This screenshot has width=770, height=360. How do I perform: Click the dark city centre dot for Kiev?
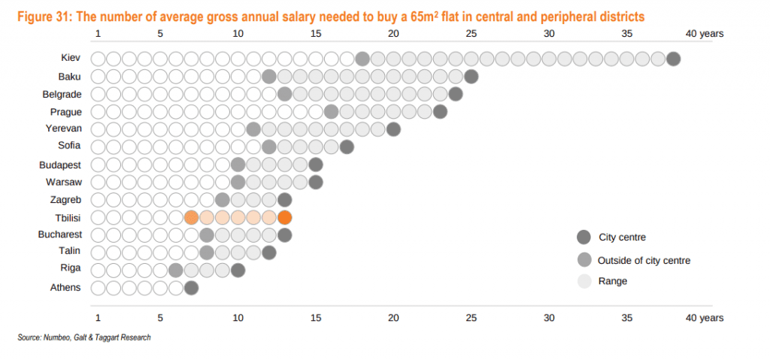(673, 59)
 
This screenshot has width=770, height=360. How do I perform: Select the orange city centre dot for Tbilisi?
(284, 218)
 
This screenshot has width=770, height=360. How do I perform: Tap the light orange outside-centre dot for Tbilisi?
(191, 218)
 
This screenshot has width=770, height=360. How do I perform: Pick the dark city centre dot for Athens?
(191, 288)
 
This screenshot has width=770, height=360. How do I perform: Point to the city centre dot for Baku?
(471, 77)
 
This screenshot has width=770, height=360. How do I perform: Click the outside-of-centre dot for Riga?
(176, 270)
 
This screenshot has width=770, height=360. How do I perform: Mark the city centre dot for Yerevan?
(393, 129)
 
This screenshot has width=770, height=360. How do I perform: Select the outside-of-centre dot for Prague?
(331, 112)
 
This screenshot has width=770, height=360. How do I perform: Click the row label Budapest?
(60, 165)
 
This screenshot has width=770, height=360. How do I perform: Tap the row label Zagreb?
(65, 200)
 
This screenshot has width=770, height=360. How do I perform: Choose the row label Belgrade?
(62, 94)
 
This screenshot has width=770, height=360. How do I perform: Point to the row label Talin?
(70, 253)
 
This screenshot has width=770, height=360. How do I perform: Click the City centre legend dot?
(584, 237)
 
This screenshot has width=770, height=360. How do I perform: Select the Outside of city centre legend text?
(644, 261)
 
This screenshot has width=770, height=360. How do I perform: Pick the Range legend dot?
(584, 282)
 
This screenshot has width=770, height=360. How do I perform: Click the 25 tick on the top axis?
(471, 34)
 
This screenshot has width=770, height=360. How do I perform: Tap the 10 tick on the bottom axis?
(238, 318)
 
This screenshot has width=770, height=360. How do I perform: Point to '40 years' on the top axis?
(704, 34)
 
